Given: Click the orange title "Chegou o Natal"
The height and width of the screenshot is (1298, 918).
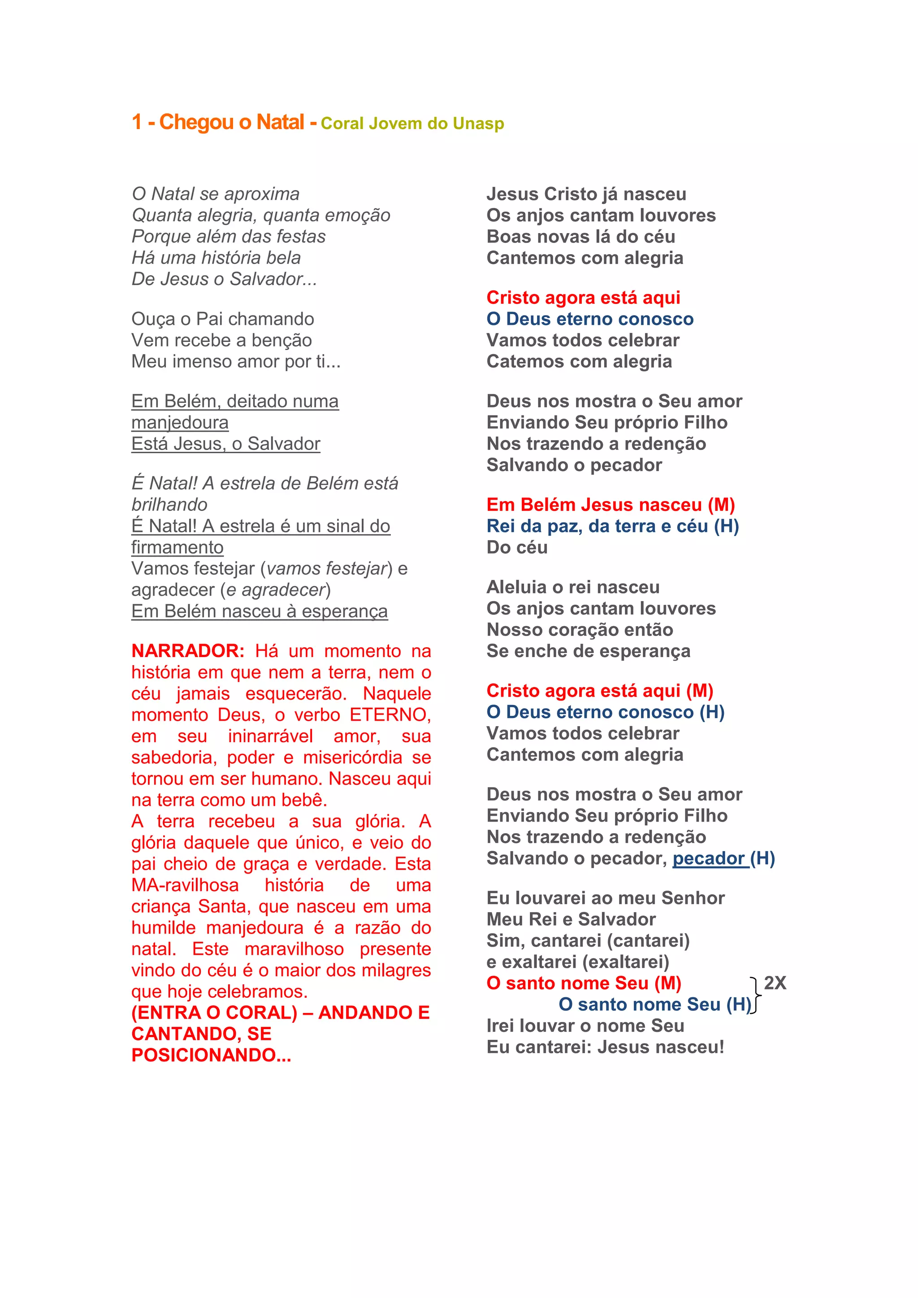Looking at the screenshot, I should tap(231, 122).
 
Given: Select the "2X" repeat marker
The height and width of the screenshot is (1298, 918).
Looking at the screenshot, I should tap(775, 983).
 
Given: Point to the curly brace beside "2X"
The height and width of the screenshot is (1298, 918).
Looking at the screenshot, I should tap(756, 994).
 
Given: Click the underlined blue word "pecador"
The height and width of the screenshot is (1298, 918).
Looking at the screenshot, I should tap(708, 858).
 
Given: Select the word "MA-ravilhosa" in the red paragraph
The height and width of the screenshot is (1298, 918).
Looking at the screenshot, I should tap(185, 885).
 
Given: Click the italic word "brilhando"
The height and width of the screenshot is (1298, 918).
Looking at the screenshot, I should tap(169, 504).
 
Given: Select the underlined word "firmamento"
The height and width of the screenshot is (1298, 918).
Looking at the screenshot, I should tap(177, 547).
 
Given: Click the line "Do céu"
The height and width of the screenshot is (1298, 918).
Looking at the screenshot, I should tap(517, 547).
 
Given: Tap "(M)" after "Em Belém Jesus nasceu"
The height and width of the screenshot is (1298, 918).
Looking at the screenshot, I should tap(721, 504).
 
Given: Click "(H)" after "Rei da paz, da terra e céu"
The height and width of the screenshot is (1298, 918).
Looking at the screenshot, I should tap(726, 526).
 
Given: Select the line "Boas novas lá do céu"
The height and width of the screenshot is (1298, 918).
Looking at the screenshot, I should tap(580, 236).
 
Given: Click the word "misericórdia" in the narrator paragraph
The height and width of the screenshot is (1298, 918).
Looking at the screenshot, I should tap(353, 757).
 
